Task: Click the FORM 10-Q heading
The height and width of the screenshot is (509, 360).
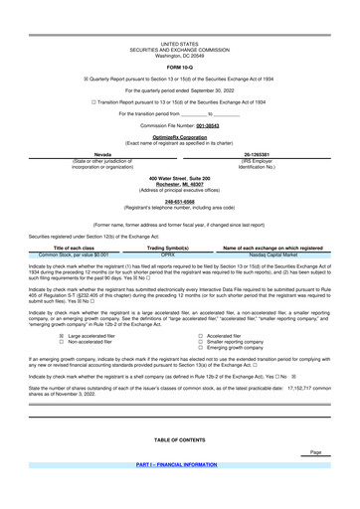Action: (179, 41)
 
